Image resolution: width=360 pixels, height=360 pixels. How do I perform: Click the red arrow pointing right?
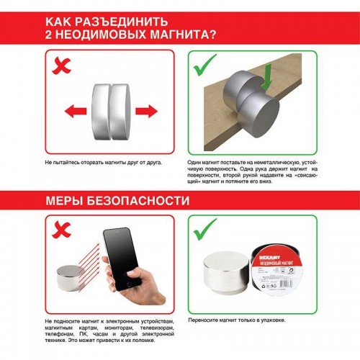tap(146, 110)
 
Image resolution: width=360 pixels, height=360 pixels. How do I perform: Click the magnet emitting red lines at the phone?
tap(71, 276)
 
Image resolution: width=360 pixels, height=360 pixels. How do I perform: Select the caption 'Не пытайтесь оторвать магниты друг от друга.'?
tap(103, 163)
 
